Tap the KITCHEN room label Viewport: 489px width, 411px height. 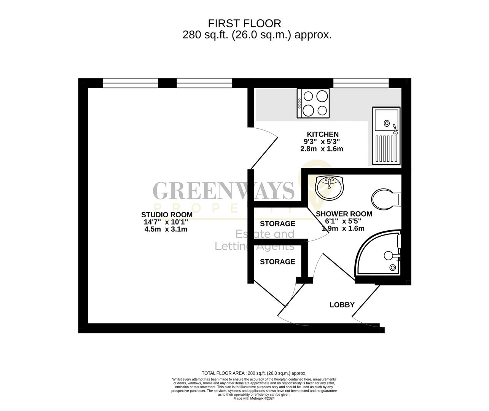322,134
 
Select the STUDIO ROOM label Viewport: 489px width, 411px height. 167,215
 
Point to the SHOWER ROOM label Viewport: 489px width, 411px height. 344,214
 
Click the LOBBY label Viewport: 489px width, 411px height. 342,305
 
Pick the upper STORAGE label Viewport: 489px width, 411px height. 277,224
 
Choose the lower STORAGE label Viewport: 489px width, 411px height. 277,262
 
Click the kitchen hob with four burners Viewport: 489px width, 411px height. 314,103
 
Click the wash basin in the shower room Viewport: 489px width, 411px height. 330,188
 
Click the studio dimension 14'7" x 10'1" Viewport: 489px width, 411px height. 166,222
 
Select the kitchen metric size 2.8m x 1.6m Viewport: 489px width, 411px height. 322,149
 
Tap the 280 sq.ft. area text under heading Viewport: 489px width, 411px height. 257,35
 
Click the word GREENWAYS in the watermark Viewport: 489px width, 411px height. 223,191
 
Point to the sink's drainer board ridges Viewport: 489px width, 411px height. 386,149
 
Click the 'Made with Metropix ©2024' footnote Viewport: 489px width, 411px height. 254,398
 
